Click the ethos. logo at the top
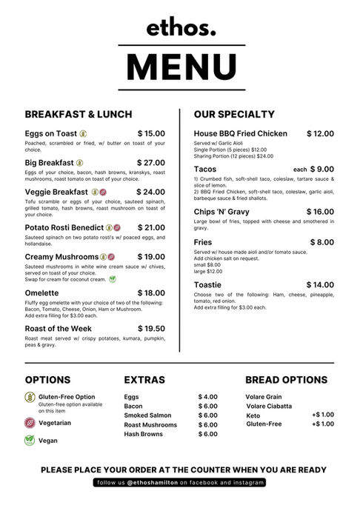point(181,27)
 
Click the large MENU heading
point(181,66)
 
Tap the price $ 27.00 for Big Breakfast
point(151,163)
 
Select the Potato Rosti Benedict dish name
point(64,227)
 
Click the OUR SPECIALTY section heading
point(234,115)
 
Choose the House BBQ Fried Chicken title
point(241,134)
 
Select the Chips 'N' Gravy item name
point(221,212)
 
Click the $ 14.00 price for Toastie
point(320,285)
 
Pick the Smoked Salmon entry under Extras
point(147,415)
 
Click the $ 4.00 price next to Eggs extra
point(207,397)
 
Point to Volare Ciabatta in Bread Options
point(269,406)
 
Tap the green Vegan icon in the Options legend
point(30,440)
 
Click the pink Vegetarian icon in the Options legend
point(30,423)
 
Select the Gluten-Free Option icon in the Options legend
point(30,397)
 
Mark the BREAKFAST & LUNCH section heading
point(79,115)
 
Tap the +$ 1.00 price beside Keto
point(323,415)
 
